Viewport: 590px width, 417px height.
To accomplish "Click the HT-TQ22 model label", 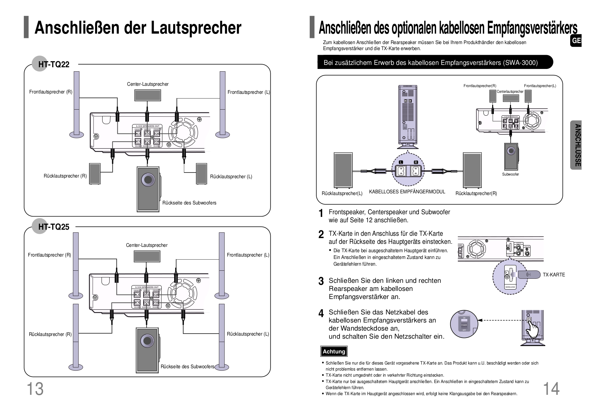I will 53,64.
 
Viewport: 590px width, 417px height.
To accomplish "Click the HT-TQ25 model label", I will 53,227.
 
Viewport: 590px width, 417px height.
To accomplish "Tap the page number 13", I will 35,389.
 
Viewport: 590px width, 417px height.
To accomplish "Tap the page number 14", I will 551,389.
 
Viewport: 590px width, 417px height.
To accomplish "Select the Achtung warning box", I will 333,351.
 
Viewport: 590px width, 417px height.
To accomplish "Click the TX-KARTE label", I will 554,275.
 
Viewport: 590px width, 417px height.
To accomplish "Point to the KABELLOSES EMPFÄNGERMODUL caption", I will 407,192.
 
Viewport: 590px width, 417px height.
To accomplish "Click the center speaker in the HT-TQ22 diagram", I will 148,95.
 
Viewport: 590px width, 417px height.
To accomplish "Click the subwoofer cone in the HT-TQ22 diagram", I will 148,180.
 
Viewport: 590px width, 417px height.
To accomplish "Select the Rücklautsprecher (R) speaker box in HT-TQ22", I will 95,174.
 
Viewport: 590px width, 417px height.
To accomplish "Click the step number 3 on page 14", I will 321,281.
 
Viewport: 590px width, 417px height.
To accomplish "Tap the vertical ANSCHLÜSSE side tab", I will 577,145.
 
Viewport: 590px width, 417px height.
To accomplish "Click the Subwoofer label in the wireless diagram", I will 510,174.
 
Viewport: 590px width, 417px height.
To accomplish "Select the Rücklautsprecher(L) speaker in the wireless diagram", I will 343,170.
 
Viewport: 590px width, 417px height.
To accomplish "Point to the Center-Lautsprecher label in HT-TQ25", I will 147,245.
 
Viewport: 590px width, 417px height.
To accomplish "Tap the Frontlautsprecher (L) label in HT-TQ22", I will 248,92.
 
